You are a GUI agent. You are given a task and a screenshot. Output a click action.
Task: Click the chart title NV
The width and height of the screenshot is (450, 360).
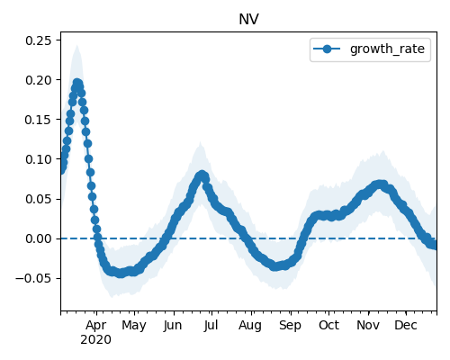pos(248,20)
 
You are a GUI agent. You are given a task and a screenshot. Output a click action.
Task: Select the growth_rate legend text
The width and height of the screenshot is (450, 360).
pos(387,49)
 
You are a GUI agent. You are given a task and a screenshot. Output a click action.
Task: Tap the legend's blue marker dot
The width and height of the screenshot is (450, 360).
pos(327,49)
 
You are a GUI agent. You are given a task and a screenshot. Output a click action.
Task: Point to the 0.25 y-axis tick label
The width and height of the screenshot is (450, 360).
pos(38,40)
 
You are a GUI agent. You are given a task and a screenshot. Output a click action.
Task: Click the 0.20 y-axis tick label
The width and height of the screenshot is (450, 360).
pos(38,80)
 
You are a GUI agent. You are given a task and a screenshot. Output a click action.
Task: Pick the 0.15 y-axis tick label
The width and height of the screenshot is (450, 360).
pos(38,120)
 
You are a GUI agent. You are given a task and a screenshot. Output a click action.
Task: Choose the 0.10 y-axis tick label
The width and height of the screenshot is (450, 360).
pos(38,159)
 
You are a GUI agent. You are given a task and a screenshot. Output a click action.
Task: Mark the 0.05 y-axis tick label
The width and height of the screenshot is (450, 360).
pos(38,199)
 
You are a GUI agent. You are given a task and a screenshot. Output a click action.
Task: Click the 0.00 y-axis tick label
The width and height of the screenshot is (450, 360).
pos(38,238)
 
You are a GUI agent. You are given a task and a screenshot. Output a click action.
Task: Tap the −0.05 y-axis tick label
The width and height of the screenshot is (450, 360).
pos(33,278)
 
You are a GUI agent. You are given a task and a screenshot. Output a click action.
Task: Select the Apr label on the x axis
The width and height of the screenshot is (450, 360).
pos(96,325)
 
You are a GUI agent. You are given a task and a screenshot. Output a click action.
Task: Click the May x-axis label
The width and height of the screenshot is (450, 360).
pos(134,325)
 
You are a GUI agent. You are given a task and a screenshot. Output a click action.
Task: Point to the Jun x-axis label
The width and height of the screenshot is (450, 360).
pos(173,325)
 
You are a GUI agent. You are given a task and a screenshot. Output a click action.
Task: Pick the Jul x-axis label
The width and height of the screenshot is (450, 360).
pos(211,325)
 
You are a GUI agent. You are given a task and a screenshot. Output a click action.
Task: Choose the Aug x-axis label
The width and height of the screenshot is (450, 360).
pos(250,325)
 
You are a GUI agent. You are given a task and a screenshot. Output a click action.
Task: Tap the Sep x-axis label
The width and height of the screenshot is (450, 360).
pos(290,325)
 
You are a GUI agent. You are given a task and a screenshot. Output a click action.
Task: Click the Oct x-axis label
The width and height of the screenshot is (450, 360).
pos(328,325)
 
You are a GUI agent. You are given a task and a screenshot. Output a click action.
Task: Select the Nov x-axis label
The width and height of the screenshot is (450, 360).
pos(368,325)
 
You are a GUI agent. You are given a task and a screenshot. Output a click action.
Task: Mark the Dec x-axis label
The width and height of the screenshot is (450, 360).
pos(406,325)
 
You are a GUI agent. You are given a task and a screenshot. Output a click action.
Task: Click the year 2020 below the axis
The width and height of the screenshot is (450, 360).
pos(96,339)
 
